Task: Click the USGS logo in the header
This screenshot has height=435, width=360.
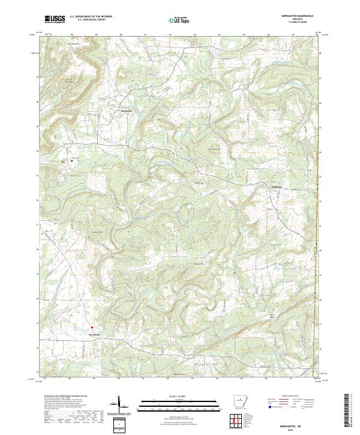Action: pyautogui.click(x=55, y=20)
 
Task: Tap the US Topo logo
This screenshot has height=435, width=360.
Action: pyautogui.click(x=180, y=20)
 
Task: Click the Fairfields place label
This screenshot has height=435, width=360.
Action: pyautogui.click(x=273, y=187)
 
